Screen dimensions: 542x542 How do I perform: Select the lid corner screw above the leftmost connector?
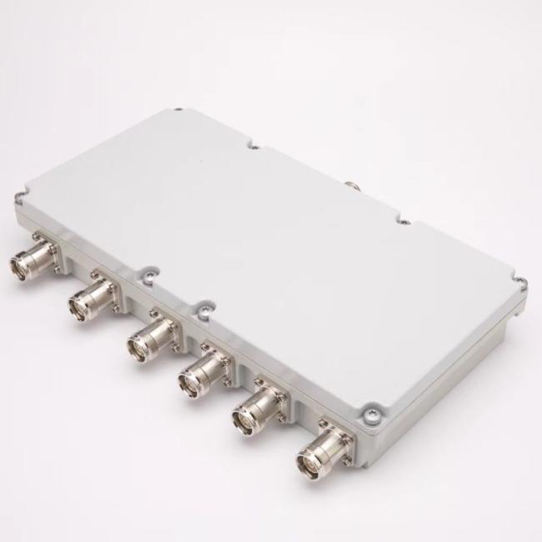click(x=18, y=198)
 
